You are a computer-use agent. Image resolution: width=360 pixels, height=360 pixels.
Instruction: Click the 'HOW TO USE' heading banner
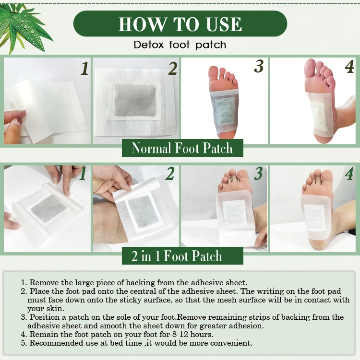180,23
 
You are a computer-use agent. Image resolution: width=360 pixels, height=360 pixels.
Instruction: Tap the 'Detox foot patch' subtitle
180,45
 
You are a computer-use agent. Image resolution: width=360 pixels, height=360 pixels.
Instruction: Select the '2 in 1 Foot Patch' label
177,256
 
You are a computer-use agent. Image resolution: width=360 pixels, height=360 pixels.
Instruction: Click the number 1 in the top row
84,69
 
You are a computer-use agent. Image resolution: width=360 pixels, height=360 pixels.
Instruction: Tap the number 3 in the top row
259,67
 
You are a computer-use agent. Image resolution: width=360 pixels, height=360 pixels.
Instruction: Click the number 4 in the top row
349,67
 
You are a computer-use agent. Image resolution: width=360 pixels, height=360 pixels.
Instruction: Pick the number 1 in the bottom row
83,174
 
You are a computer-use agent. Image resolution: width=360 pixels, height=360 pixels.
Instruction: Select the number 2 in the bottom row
170,174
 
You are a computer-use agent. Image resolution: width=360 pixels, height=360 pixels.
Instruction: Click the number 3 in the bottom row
259,174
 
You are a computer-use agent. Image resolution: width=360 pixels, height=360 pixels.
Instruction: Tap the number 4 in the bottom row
349,174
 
